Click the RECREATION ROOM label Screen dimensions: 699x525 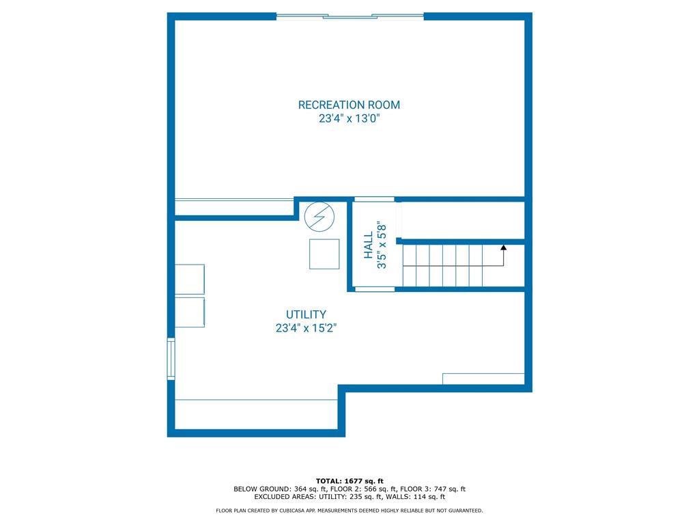349,105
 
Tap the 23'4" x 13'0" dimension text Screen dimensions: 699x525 349,119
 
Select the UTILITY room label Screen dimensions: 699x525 306,314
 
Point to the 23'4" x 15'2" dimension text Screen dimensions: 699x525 306,328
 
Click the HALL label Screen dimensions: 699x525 368,245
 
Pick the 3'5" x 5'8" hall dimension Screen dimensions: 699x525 382,245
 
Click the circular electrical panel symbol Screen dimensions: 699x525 319,217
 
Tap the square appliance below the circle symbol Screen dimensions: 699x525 324,254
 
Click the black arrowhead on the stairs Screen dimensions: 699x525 504,247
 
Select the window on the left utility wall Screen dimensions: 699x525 171,359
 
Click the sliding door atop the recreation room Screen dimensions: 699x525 350,16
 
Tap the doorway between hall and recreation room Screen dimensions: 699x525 375,199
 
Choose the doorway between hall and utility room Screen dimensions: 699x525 375,289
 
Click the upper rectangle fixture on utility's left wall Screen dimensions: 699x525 190,280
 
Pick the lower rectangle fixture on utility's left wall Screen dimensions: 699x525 190,312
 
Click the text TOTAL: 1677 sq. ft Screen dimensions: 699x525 349,481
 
